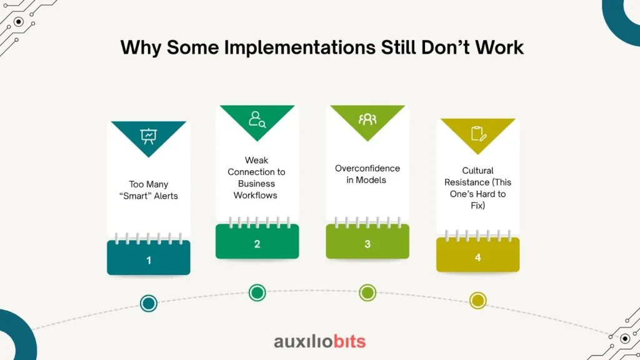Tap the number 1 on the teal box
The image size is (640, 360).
coord(149,261)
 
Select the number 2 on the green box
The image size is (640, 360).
coord(257,244)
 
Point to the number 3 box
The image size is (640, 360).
coord(367,241)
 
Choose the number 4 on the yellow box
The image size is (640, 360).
coord(478,257)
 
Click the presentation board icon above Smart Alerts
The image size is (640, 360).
coord(149,136)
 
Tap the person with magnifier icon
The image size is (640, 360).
coord(257,119)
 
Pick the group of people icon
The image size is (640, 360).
coord(367,119)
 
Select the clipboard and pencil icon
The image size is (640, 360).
coord(478,134)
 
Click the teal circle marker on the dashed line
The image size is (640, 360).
coord(149,303)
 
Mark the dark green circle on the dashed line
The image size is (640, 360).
coord(257,292)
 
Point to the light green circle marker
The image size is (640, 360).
coord(367,292)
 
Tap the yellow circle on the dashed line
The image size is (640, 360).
coord(478,301)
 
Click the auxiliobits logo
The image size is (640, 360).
coord(320,342)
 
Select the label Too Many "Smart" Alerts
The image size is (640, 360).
coord(149,190)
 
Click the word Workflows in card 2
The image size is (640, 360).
coord(256,196)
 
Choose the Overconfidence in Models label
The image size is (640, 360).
coord(367,174)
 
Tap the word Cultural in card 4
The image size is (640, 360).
coord(478,171)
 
